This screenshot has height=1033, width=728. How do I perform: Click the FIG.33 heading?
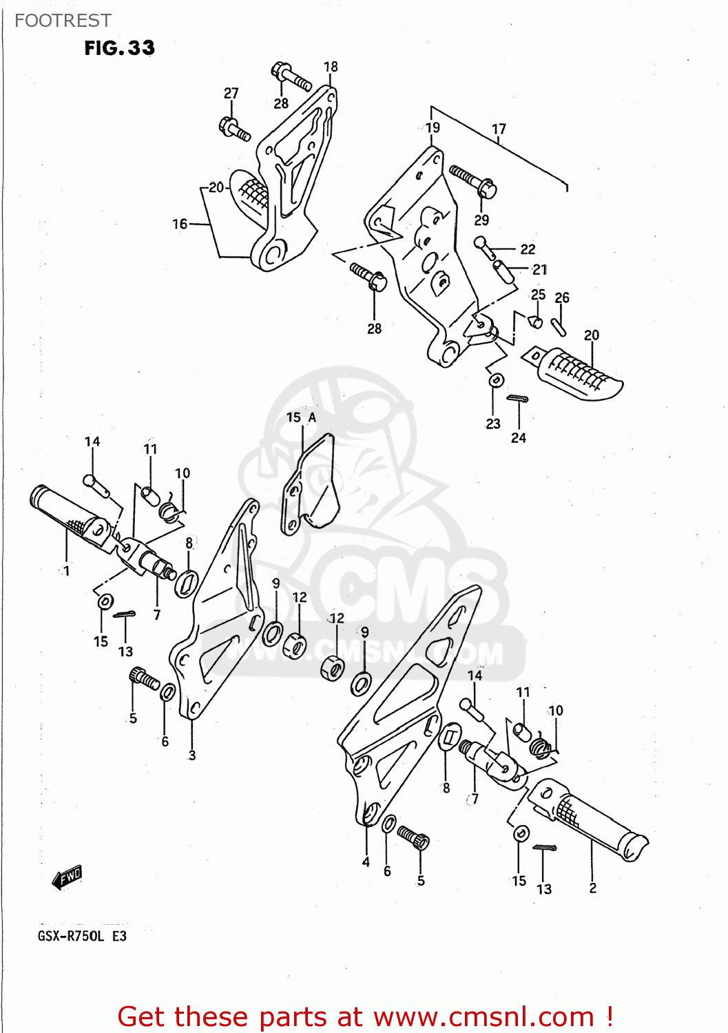pos(119,48)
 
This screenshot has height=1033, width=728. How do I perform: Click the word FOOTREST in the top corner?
pos(63,21)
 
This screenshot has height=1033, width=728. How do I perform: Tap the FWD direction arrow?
pos(68,877)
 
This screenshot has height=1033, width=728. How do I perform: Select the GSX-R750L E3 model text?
pos(82,936)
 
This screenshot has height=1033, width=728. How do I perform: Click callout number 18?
pos(331,67)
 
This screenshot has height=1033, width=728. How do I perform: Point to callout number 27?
pos(231,93)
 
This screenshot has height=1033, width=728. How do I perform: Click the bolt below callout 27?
pos(234,128)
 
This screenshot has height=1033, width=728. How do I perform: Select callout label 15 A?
pos(301,417)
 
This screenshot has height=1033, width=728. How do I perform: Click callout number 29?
pos(481,220)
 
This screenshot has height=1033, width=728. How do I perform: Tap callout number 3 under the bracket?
pos(192,755)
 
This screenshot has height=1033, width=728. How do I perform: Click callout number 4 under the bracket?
pos(366,862)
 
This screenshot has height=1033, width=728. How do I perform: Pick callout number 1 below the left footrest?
pos(66,570)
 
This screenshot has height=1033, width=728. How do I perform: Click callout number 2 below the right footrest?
pos(593,888)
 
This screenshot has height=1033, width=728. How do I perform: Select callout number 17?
pos(499,129)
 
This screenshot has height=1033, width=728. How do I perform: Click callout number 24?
pos(519,437)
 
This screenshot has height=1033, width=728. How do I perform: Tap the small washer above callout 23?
pos(496,380)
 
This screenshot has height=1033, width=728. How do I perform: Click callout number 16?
pos(179,224)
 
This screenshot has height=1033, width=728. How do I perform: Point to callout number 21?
pos(540,269)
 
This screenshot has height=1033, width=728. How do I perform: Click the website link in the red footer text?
pos(483,1016)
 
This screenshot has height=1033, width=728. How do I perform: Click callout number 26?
pos(562,298)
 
